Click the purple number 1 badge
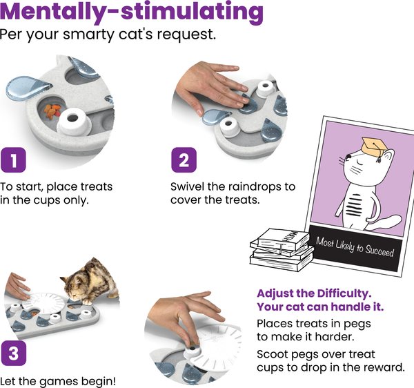[13, 159]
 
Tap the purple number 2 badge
[184, 159]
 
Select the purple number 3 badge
[13, 353]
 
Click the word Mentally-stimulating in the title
[132, 12]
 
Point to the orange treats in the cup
[52, 111]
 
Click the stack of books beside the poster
[282, 250]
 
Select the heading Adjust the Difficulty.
[314, 293]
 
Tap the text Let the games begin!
[58, 381]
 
